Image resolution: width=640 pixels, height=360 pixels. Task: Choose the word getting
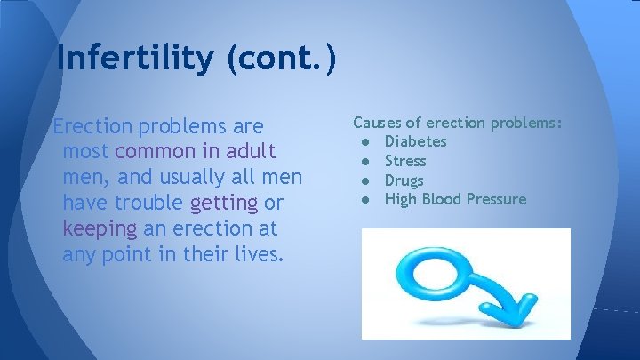pos(224,204)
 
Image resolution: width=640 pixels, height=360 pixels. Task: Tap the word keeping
pos(100,229)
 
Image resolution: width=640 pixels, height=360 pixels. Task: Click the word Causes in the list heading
pos(376,123)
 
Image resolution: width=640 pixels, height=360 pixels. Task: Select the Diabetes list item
pos(415,142)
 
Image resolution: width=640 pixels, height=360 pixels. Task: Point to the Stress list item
pos(404,162)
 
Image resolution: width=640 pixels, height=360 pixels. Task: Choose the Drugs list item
pos(404,180)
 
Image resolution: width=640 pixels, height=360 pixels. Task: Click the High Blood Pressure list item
pos(455,199)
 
